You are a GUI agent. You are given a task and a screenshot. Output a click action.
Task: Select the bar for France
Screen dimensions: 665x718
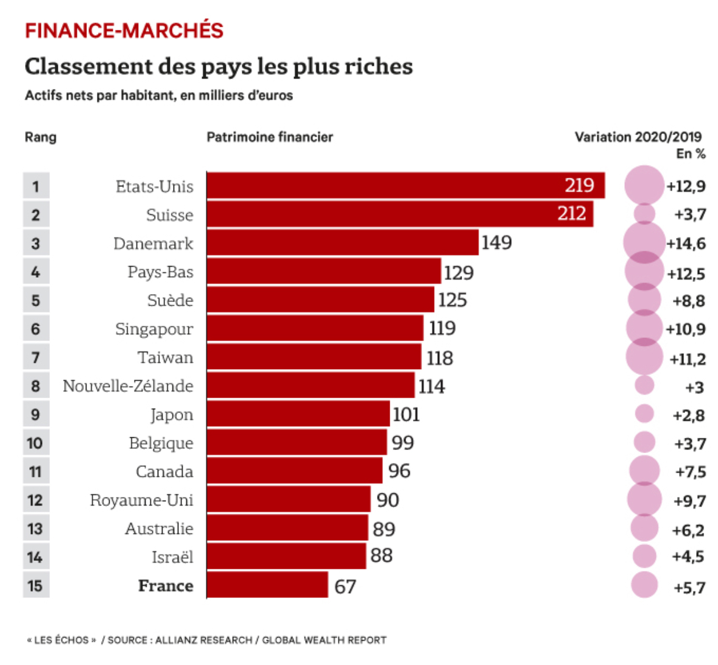267,585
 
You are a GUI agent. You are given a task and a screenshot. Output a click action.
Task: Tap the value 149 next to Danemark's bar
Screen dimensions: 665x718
496,242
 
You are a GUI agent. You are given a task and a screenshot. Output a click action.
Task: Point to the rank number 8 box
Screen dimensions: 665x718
36,385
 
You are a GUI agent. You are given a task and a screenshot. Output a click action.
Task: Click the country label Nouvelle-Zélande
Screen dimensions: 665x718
128,385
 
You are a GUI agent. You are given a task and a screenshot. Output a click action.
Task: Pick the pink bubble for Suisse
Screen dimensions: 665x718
644,214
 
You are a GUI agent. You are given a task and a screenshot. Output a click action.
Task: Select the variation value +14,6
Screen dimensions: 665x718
686,244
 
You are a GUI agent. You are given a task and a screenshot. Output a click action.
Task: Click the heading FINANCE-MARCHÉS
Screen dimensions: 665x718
124,30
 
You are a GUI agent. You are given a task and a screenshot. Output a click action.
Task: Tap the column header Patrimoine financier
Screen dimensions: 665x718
270,137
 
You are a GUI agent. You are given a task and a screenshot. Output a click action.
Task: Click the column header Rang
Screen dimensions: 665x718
40,137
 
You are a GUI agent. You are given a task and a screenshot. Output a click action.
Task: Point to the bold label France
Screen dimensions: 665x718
166,585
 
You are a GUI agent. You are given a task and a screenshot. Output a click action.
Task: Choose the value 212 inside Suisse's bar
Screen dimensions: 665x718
571,213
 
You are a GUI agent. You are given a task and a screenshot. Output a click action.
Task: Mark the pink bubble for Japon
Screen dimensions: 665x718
644,414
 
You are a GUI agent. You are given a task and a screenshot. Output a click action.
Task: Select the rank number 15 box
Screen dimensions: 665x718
36,585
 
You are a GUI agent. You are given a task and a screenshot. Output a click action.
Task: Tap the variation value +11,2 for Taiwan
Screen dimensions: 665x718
687,359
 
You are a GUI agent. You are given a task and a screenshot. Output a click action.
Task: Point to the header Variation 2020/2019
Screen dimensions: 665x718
638,137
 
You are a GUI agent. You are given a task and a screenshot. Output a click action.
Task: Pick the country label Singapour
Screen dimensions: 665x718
154,329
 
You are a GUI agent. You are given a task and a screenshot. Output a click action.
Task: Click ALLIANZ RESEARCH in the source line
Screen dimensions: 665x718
203,640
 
